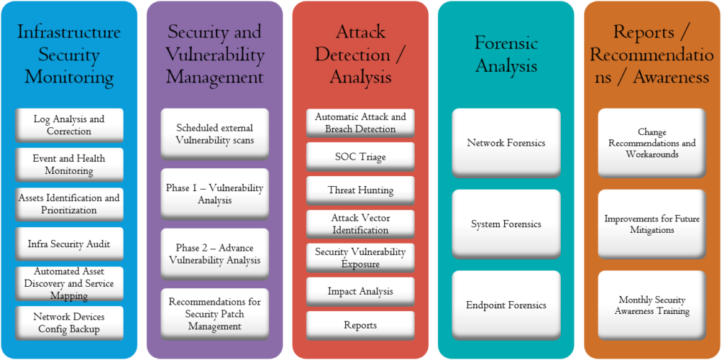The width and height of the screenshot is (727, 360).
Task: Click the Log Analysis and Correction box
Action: coord(69,125)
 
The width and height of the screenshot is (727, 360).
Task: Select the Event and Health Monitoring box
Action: coord(69,165)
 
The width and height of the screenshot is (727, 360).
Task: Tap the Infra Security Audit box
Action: coord(69,244)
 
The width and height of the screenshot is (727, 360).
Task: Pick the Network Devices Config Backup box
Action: coord(69,323)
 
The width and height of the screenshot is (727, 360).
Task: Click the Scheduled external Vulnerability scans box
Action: coord(214,134)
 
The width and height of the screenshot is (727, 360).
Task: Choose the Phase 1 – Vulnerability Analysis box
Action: coord(214,194)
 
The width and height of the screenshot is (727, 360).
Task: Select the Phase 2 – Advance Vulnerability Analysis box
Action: coord(214,253)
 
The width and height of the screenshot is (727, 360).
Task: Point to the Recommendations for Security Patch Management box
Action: coord(214,314)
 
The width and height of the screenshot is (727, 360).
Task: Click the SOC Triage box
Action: coord(360,156)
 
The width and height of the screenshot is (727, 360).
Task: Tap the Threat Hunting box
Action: coord(360,190)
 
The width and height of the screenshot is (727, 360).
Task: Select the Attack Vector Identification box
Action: coord(360,224)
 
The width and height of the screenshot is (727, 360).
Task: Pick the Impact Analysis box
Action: coord(360,291)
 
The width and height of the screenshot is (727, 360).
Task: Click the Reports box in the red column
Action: coord(360,325)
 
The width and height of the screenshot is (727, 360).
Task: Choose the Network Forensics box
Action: coord(505,143)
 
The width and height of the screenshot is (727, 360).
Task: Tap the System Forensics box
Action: coord(505,224)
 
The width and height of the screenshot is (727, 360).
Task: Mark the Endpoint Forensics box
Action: coord(505,305)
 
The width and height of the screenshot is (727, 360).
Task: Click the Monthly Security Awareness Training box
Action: coord(651,305)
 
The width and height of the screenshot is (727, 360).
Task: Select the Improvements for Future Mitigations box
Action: coord(651,224)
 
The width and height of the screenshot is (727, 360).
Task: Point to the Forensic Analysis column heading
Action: coord(505,55)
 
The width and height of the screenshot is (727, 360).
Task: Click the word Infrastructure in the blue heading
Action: coord(69,32)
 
